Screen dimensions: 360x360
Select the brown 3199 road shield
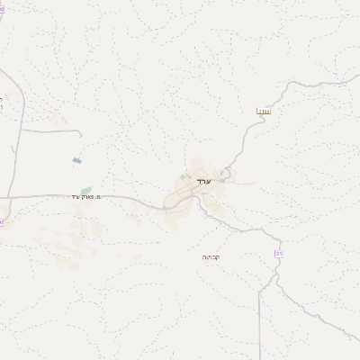click(264, 111)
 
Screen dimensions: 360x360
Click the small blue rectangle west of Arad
click(76, 160)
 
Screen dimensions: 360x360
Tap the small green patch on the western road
click(86, 190)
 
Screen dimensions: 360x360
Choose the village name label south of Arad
click(211, 257)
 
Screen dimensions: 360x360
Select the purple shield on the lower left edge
click(2, 221)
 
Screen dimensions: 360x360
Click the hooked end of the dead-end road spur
click(80, 137)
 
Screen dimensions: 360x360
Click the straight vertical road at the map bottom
click(259, 324)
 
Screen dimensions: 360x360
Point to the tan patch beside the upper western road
click(54, 118)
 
